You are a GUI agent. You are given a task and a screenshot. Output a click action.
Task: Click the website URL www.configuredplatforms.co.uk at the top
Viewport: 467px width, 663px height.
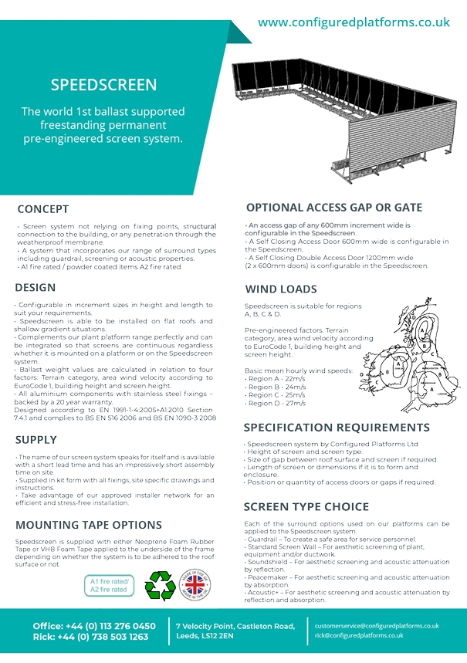coord(354,22)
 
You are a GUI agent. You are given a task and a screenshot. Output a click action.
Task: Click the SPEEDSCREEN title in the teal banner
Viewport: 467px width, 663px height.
coord(103,85)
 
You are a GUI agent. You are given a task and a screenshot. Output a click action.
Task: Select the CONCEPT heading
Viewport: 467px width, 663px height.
coord(43,209)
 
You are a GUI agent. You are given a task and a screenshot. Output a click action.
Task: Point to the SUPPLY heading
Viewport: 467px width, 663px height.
coord(36,440)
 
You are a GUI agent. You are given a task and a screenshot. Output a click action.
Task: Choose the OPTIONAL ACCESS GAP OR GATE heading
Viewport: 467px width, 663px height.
coord(333,208)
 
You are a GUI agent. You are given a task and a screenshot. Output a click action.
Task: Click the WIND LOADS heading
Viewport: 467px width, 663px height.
coord(281,289)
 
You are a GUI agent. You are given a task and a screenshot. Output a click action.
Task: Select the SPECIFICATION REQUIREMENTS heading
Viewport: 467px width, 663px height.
coord(337,428)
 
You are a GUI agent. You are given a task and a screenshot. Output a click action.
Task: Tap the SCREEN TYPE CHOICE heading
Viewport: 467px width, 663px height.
coord(306,506)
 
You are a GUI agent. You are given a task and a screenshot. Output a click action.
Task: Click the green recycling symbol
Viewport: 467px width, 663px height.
coord(161,586)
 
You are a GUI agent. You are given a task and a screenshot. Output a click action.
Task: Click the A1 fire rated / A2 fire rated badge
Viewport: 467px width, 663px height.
coord(108,585)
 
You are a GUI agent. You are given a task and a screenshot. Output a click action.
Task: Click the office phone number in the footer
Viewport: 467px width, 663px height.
coord(114,626)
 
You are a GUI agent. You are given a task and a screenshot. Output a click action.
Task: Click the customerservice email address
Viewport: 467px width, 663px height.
coord(377,626)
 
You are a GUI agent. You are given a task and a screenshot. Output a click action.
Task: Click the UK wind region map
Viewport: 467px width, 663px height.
coord(411,351)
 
